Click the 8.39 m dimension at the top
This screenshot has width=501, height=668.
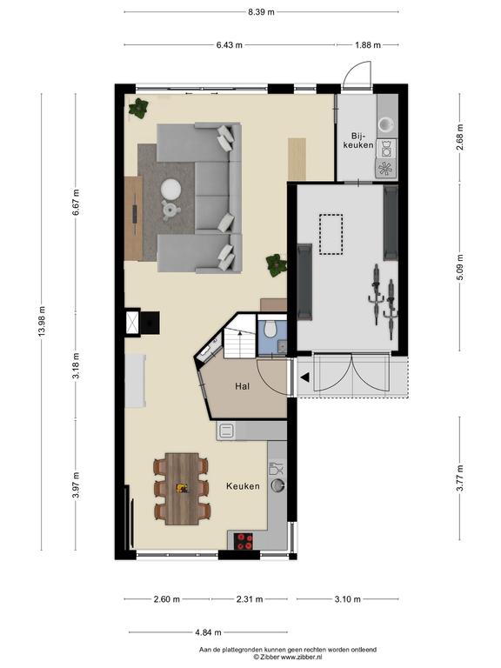261,12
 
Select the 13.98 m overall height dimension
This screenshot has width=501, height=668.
42,321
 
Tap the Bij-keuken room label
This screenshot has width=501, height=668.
358,140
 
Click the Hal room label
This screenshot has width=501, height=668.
242,386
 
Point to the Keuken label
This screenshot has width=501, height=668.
243,486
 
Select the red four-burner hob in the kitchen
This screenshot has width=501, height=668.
244,542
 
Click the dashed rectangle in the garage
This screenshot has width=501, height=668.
331,234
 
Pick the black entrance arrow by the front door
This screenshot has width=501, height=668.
305,377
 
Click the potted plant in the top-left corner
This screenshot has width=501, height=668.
138,108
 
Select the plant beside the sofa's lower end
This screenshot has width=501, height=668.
276,265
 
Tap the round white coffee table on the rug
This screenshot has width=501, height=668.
171,189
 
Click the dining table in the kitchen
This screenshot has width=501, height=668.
182,489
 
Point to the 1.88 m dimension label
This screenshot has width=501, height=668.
368,44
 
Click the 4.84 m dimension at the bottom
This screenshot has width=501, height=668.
209,632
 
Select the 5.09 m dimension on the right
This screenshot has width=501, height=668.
459,268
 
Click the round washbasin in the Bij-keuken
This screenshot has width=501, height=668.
387,124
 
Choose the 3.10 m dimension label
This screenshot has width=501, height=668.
347,599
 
